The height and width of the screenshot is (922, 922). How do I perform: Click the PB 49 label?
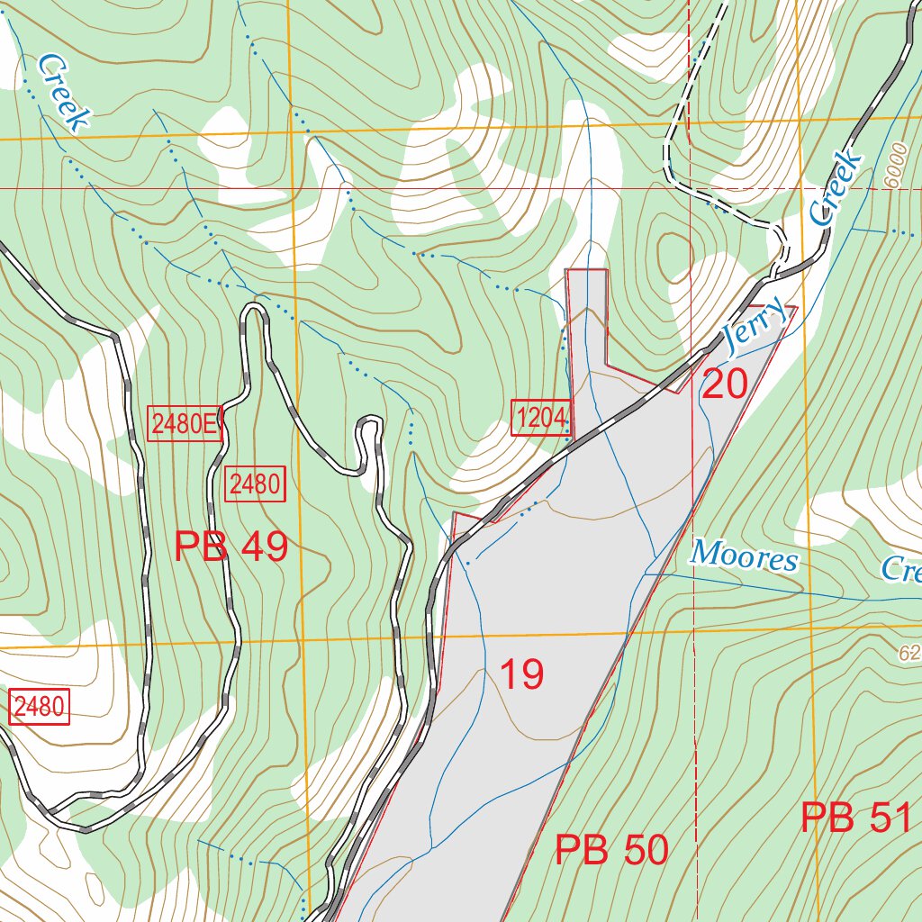pyautogui.click(x=230, y=547)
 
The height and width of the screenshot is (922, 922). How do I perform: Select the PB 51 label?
pyautogui.click(x=857, y=818)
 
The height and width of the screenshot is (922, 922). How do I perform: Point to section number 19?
pyautogui.click(x=521, y=674)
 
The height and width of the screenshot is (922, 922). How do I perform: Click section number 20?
pyautogui.click(x=724, y=385)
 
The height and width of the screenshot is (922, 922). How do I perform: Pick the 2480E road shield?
pyautogui.click(x=184, y=424)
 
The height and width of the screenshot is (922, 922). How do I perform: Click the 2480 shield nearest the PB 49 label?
pyautogui.click(x=255, y=484)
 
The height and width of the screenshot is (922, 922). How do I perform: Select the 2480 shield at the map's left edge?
pyautogui.click(x=39, y=708)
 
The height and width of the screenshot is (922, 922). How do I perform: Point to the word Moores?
pyautogui.click(x=744, y=558)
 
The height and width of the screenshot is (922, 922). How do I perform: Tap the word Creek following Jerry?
pyautogui.click(x=834, y=188)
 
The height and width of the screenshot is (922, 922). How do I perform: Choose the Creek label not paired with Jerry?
pyautogui.click(x=65, y=93)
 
